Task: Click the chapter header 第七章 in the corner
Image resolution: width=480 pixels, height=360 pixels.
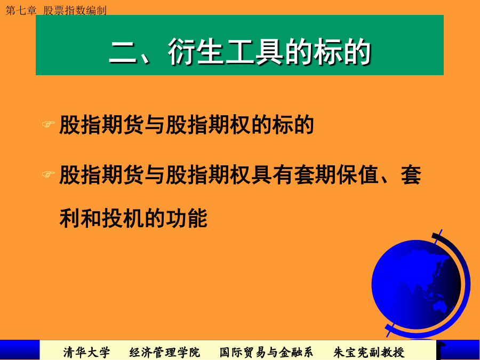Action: (21, 11)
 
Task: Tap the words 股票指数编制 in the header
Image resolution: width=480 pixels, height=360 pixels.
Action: (75, 11)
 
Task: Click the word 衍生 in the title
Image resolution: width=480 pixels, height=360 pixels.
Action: (196, 52)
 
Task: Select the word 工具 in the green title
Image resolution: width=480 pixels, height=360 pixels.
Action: (254, 52)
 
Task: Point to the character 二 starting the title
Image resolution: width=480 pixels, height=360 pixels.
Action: (123, 52)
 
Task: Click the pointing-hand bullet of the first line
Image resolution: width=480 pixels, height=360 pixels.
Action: (49, 124)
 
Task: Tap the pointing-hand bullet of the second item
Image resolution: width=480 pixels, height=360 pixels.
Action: (49, 174)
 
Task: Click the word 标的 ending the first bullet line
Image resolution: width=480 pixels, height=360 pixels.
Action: (293, 125)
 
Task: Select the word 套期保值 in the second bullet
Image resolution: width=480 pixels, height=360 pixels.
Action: (336, 175)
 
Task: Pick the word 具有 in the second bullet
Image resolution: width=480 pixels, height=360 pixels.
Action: (272, 175)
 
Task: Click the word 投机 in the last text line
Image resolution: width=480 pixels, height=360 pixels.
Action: (123, 218)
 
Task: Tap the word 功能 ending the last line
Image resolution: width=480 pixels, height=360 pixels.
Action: (187, 218)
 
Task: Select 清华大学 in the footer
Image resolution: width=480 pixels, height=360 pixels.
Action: (86, 353)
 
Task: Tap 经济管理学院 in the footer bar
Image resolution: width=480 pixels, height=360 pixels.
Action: (164, 353)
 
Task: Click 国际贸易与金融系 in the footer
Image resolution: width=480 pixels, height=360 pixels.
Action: (266, 353)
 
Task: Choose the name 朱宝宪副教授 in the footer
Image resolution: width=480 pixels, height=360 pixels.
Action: (369, 353)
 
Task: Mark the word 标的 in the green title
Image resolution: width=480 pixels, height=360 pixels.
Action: (342, 52)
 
